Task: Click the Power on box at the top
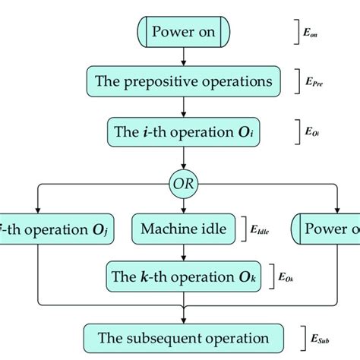180,33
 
